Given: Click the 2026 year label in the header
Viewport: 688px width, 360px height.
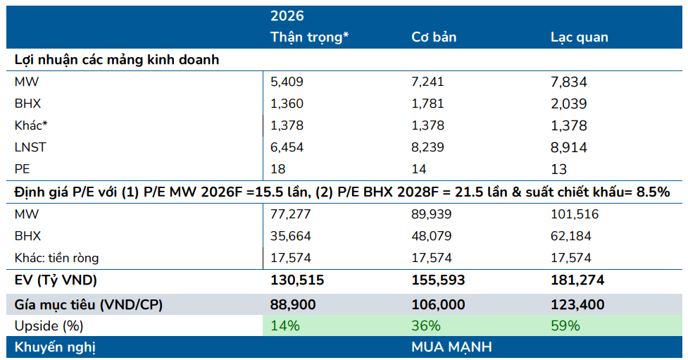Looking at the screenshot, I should pyautogui.click(x=287, y=15).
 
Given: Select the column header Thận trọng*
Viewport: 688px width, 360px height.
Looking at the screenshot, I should pyautogui.click(x=310, y=37).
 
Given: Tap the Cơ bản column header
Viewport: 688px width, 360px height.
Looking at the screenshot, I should pyautogui.click(x=435, y=37).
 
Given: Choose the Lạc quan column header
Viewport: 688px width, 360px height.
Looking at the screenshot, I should pyautogui.click(x=579, y=37).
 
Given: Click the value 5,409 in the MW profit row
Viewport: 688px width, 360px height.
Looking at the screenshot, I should pyautogui.click(x=287, y=82).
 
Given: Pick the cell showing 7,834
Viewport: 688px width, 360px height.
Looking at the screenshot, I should pyautogui.click(x=568, y=82).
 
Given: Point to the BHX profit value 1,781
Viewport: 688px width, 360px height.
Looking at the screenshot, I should pyautogui.click(x=427, y=104).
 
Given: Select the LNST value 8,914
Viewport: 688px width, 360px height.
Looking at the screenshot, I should pyautogui.click(x=568, y=147).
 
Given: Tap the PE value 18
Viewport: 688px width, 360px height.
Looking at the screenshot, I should pyautogui.click(x=278, y=169).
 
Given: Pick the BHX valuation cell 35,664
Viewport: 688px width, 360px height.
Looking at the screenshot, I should pyautogui.click(x=291, y=236).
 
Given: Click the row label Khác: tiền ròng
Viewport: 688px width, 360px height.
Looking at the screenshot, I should pyautogui.click(x=58, y=258).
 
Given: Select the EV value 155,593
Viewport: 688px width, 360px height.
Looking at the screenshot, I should pyautogui.click(x=438, y=280).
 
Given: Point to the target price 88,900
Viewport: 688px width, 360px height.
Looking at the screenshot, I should pyautogui.click(x=293, y=304).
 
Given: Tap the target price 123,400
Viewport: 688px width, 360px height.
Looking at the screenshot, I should pyautogui.click(x=577, y=304).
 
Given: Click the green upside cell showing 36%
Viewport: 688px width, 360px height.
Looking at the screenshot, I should pyautogui.click(x=426, y=325).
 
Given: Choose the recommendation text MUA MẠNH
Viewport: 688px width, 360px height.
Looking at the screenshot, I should pyautogui.click(x=451, y=347).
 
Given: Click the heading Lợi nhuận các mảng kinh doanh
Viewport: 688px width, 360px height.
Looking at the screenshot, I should pyautogui.click(x=117, y=60).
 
